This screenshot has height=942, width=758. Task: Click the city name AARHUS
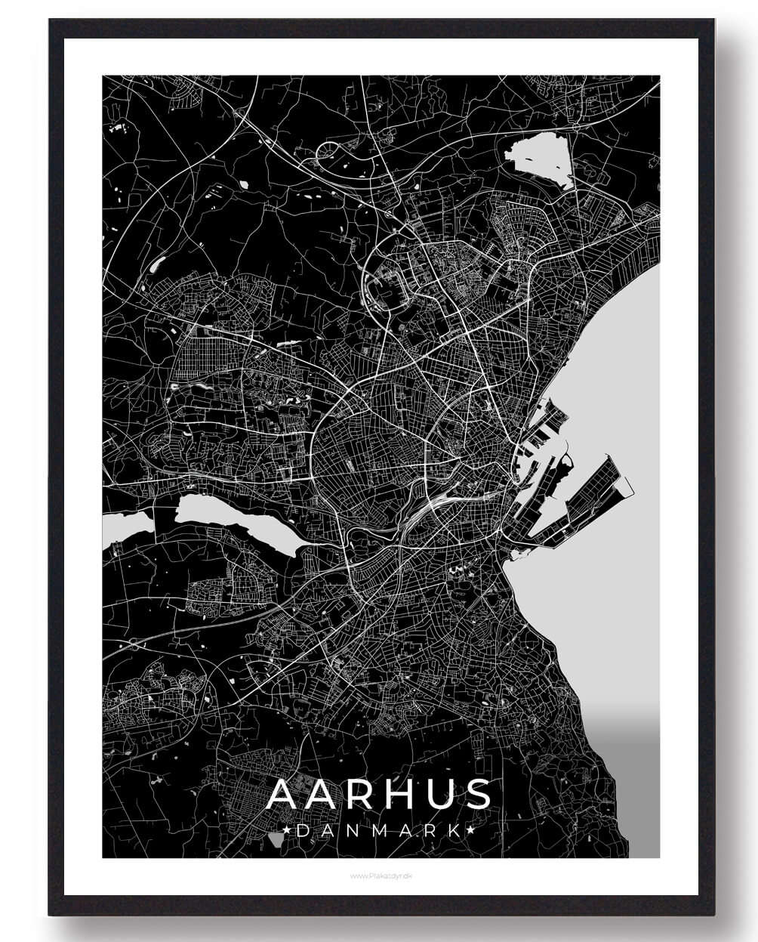(x=379, y=794)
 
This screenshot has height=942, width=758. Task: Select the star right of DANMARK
(x=471, y=830)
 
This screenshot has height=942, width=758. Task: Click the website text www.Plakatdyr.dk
(x=380, y=876)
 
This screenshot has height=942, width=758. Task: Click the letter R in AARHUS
(x=354, y=794)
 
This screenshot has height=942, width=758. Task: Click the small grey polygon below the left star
(x=275, y=840)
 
